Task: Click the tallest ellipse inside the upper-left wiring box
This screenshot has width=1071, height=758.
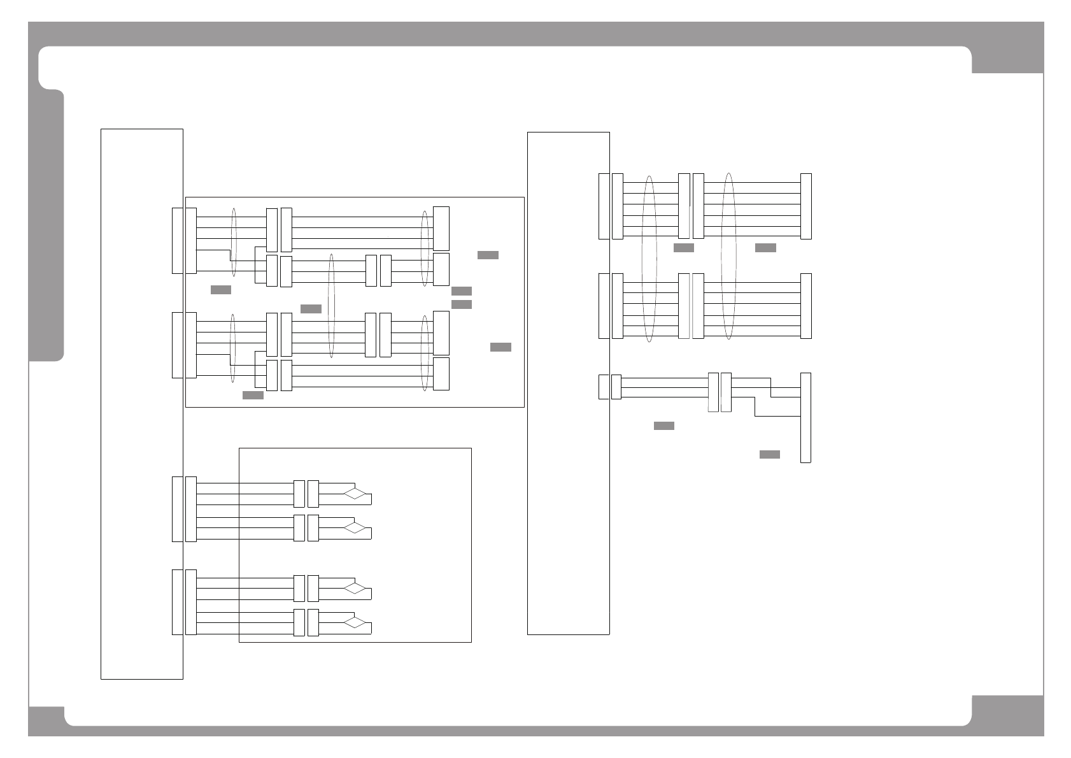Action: [331, 306]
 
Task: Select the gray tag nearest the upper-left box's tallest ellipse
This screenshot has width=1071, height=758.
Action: [311, 309]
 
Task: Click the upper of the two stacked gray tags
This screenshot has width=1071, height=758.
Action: [462, 291]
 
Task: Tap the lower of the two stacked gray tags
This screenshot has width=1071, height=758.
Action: [462, 304]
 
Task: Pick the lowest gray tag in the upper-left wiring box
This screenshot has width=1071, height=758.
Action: [253, 396]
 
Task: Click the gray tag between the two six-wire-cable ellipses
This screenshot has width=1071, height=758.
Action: [684, 248]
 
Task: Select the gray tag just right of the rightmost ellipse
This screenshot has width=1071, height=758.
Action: [765, 248]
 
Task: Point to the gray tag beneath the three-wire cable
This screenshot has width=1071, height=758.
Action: [664, 425]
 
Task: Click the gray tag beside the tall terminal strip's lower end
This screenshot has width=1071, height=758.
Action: [770, 454]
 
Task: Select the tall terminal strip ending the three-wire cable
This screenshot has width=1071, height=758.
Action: [805, 418]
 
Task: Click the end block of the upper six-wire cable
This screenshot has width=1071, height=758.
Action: [806, 206]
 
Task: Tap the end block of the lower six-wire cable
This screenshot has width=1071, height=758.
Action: [806, 306]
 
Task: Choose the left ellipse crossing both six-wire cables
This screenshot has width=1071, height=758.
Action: [649, 258]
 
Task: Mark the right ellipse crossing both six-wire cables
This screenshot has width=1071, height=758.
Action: [729, 256]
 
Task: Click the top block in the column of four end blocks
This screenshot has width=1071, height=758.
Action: [441, 229]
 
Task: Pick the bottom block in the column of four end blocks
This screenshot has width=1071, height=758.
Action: [441, 374]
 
